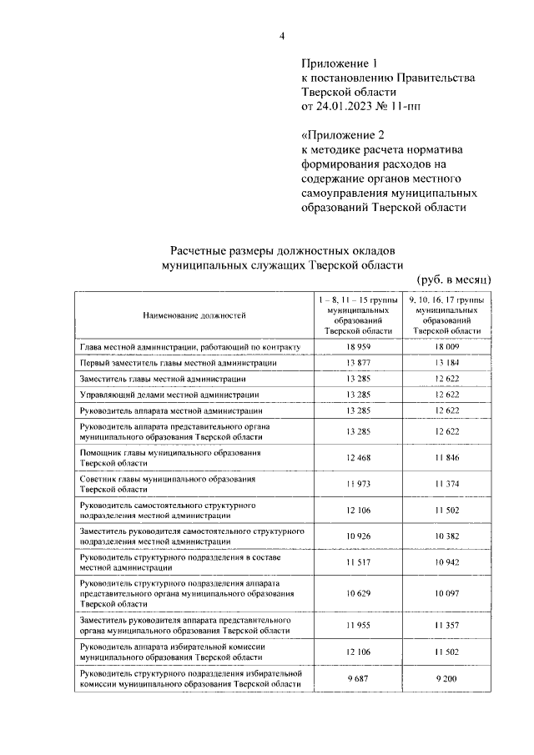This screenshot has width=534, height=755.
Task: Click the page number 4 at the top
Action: (x=283, y=35)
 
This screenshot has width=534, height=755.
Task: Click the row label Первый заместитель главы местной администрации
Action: (x=177, y=363)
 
